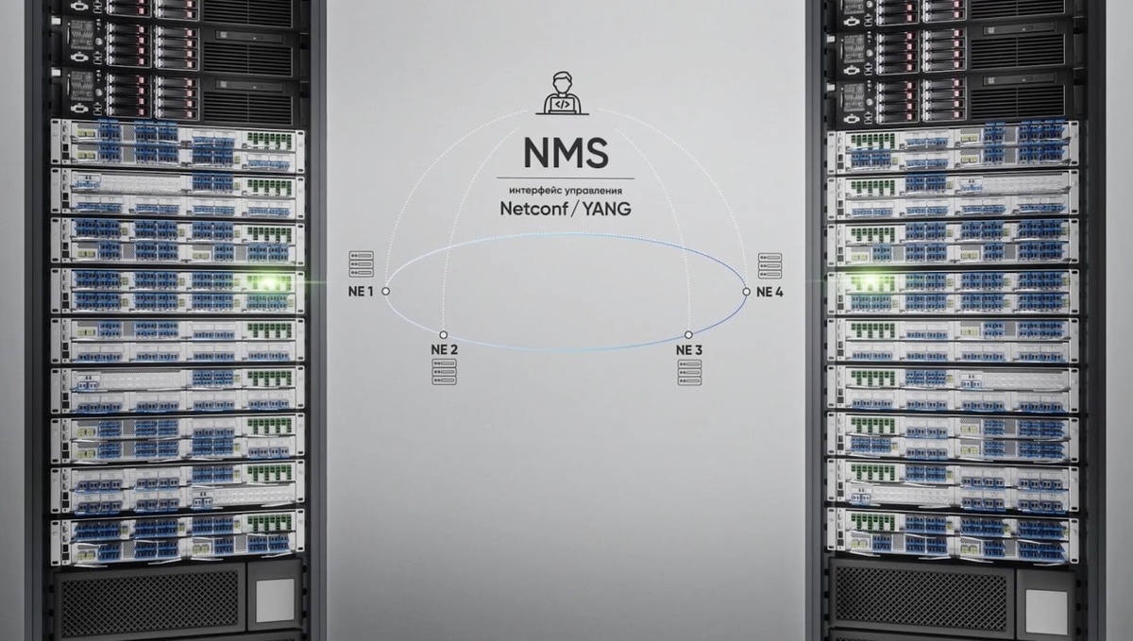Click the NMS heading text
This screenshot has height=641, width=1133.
[566, 153]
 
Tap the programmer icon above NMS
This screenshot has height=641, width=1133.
[563, 93]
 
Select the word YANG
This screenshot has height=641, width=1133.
[606, 209]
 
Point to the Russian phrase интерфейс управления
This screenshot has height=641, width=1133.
[566, 191]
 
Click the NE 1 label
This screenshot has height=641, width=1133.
[361, 292]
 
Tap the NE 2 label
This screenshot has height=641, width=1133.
[444, 349]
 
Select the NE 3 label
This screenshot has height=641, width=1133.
[689, 349]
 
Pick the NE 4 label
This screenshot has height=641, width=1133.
[769, 292]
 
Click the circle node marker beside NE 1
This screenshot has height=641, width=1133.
[386, 292]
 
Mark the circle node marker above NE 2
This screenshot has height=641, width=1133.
[444, 335]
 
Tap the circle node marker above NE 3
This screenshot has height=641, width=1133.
[688, 335]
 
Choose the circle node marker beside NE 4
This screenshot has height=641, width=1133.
[746, 292]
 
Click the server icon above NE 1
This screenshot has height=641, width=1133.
[361, 264]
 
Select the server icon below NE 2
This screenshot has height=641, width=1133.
[444, 372]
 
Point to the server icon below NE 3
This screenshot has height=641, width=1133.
[689, 372]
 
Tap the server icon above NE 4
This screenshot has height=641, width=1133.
[769, 266]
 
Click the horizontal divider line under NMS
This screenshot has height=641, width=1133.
[566, 178]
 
